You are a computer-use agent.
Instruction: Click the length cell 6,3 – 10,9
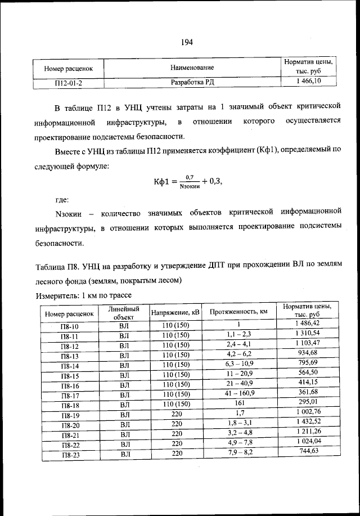click(x=238, y=364)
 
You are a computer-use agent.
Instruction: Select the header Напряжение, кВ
click(x=175, y=312)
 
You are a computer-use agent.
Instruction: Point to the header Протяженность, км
click(x=238, y=312)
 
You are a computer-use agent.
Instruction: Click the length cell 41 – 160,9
click(x=238, y=393)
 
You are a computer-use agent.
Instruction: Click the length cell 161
click(x=238, y=403)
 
